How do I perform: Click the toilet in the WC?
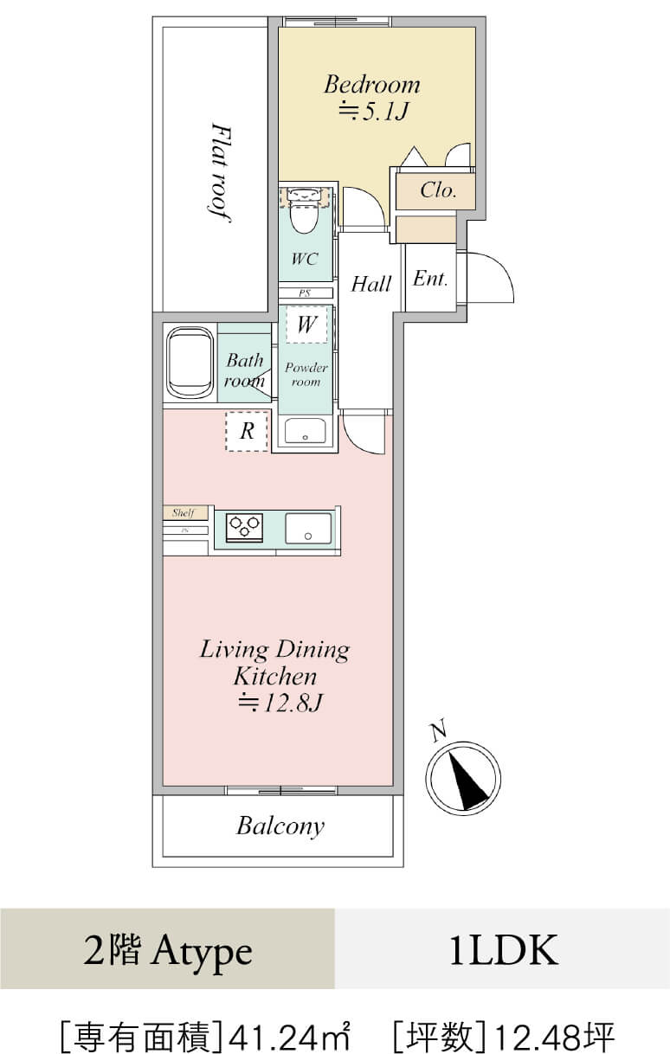(304, 211)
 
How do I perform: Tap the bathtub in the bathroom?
(190, 363)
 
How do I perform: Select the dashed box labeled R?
(248, 432)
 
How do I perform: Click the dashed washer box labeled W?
(306, 325)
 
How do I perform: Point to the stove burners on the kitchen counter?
(244, 526)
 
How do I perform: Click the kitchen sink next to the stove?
(308, 529)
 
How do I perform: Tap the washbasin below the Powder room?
(305, 431)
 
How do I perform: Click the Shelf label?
(184, 513)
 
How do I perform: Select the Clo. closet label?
(438, 190)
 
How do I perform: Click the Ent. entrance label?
(430, 278)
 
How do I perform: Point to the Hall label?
(371, 284)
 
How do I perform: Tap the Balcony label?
(280, 826)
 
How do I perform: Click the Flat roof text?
(220, 171)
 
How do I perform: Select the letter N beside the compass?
(438, 731)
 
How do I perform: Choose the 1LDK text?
(503, 951)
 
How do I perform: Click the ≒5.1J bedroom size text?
(372, 111)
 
